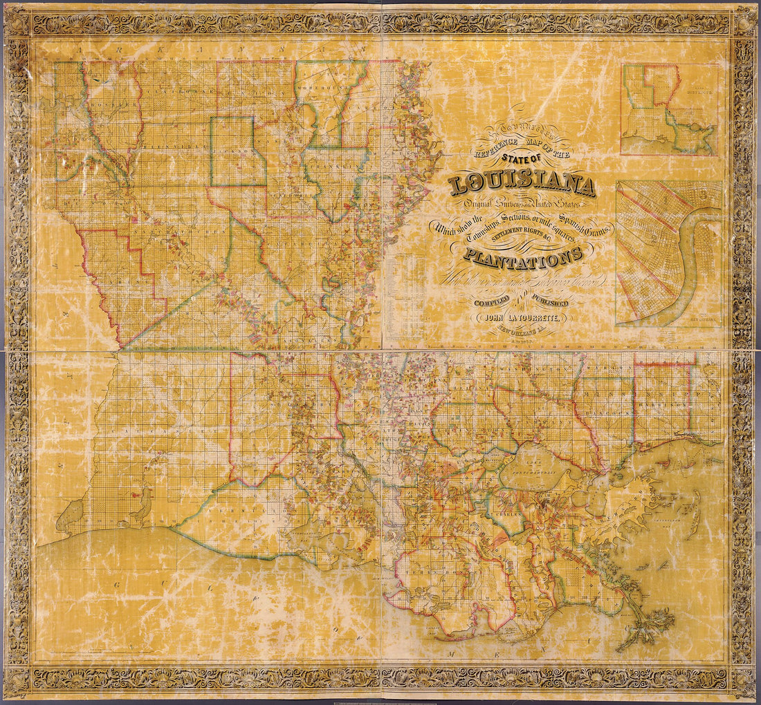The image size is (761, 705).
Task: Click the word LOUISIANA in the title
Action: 522,185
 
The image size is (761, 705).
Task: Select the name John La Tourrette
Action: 521,318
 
